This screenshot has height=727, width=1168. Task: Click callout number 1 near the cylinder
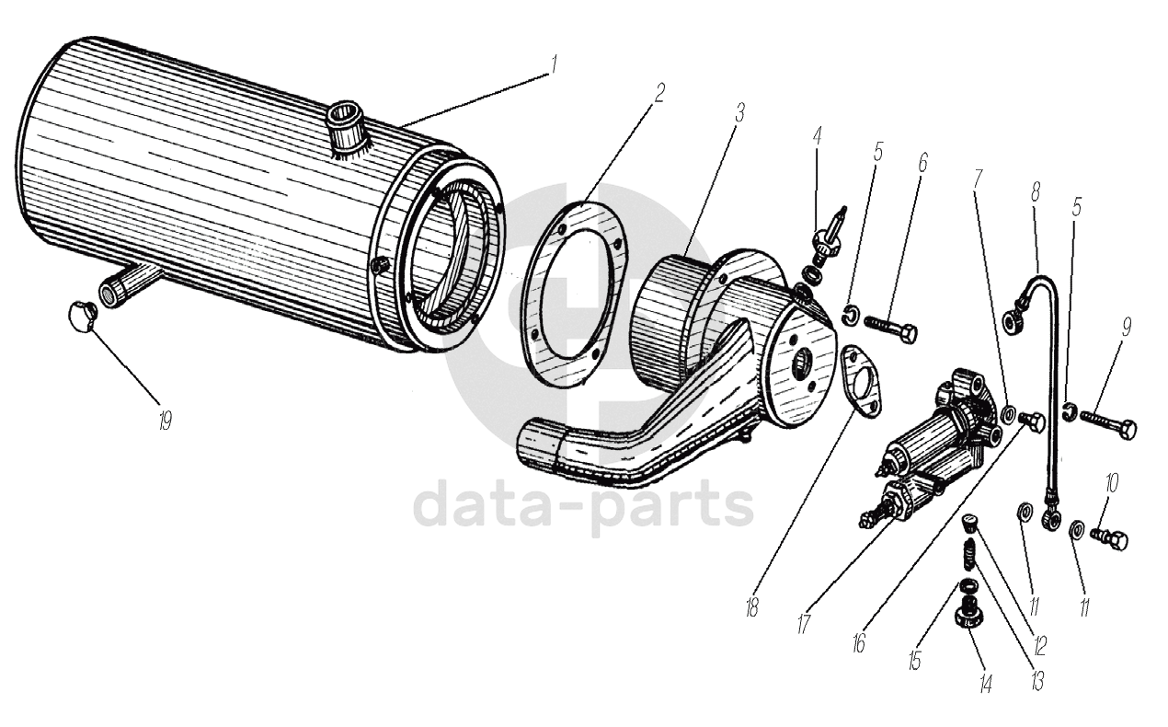point(555,65)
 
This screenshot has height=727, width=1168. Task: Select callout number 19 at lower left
point(166,421)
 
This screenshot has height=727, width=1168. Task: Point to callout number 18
point(752,607)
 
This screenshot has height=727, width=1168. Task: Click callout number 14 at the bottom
point(986,685)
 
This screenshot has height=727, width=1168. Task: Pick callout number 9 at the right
point(1126,329)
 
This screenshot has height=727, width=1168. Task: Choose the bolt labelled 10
point(1108,537)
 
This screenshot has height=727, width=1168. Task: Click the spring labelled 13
point(968,555)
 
